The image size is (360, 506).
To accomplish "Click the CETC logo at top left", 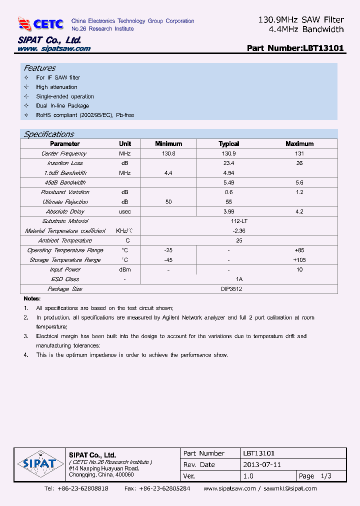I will pos(40,23).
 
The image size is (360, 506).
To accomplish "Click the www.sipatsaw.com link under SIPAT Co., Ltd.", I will pos(54,48).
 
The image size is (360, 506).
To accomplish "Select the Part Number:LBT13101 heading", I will pos(295,48).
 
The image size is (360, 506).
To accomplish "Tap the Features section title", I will pos(40,68).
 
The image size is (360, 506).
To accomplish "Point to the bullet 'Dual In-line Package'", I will pos(62,106).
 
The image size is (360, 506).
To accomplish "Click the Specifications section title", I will pos(49,134).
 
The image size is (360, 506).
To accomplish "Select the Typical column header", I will pos(228,144).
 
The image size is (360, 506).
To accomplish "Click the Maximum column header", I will pos(299,144).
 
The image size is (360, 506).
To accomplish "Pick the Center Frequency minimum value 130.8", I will pos(168,153).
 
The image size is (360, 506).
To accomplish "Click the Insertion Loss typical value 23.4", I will pos(228,163).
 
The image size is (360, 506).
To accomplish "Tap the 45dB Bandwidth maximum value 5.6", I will pos(299,182).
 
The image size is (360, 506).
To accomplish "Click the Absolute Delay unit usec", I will pos(125,211).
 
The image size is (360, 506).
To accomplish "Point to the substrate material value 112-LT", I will pos(239,221).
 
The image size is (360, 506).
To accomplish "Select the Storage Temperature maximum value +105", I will pos(299,260).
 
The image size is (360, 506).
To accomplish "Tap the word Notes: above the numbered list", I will pos(31,298).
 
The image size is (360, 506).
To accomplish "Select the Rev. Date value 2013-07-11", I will pos(261,464).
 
